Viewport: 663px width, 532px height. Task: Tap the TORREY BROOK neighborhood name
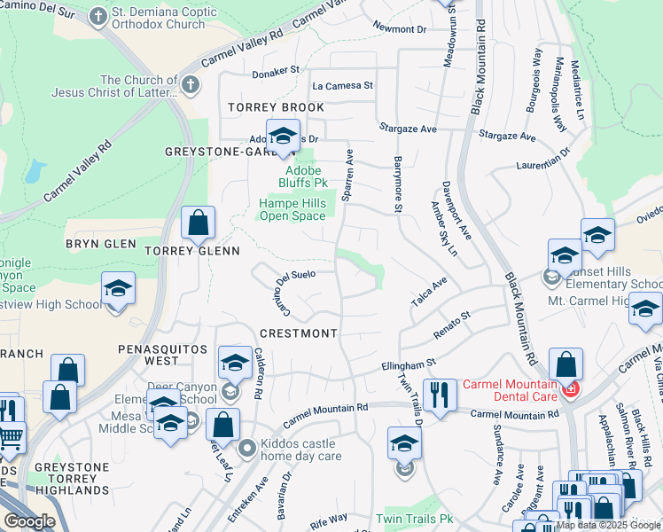[x=263, y=107]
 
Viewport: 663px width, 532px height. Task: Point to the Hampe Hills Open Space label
[x=292, y=209]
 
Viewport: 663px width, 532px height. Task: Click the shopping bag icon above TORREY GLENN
[x=199, y=223]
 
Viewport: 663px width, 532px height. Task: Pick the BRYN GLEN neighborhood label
[x=101, y=244]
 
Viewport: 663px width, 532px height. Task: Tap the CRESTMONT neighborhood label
[x=299, y=333]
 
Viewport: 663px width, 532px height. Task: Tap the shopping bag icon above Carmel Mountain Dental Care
[x=565, y=364]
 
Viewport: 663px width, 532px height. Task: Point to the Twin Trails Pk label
[x=414, y=519]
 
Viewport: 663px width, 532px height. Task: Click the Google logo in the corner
[x=29, y=521]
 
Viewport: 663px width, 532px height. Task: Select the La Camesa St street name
[x=342, y=85]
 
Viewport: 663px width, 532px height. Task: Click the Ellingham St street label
[x=409, y=364]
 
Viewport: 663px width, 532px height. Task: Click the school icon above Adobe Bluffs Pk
[x=283, y=137]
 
